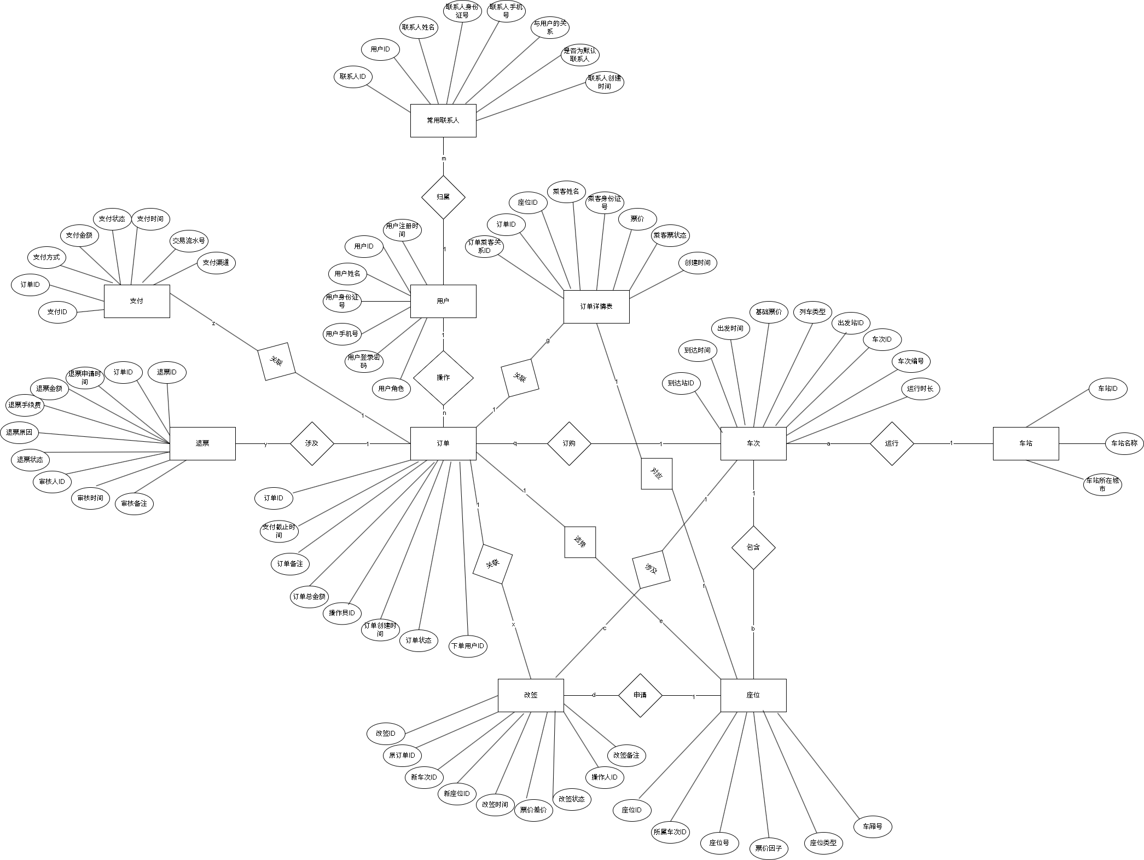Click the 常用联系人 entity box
tap(443, 120)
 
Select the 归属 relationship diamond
tap(443, 197)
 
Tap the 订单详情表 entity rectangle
tap(596, 307)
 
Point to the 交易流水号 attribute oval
tap(189, 241)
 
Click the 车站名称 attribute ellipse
tap(1124, 443)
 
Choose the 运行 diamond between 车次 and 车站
tap(892, 443)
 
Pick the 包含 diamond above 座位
tap(753, 547)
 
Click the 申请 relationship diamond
tap(640, 695)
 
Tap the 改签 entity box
tap(531, 695)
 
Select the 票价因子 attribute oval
tap(769, 849)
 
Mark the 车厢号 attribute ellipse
tap(873, 827)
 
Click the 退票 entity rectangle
tap(202, 443)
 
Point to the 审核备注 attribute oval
tap(134, 504)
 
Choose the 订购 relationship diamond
tap(569, 443)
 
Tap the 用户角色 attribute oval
tap(391, 389)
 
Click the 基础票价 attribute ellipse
tap(769, 312)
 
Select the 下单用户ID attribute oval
tap(468, 646)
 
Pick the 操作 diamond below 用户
tap(443, 378)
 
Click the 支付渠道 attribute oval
tap(216, 263)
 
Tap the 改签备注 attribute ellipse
tap(626, 755)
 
